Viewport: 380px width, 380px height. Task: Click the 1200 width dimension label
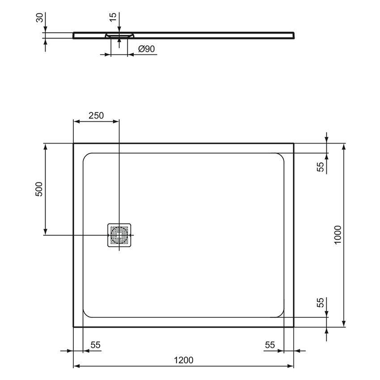[x=183, y=360]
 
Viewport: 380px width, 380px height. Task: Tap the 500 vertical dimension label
[x=39, y=190]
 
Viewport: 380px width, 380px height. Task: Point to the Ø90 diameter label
[x=144, y=49]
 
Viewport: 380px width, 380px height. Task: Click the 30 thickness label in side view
[x=39, y=18]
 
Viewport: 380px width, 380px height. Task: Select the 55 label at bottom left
[x=96, y=345]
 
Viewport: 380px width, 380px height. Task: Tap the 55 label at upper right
[x=320, y=167]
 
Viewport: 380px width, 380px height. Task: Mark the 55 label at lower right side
[x=320, y=303]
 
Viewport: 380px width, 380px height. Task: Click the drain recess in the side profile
[x=119, y=34]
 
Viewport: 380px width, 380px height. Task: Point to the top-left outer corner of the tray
[x=74, y=144]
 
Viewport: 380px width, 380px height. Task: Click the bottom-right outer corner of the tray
[x=293, y=326]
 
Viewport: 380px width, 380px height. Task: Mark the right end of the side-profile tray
[x=294, y=35]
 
